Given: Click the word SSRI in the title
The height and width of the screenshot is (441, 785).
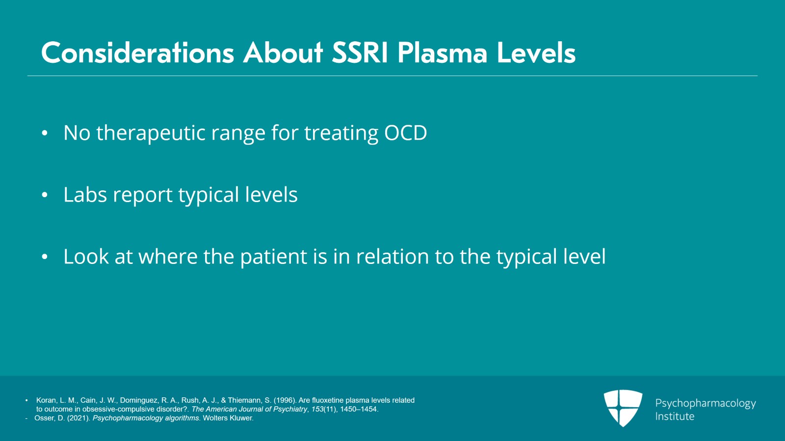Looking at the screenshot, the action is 360,53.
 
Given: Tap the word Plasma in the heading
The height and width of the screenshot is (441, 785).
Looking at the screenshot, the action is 442,53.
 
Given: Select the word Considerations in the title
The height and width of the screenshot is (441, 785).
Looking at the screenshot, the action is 137,53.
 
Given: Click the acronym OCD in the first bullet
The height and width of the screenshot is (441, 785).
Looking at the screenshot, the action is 405,133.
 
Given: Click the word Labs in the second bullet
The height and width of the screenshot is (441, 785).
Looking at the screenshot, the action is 85,194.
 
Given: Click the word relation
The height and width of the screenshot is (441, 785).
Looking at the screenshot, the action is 392,256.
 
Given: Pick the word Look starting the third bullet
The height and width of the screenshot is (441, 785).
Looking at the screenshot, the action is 86,256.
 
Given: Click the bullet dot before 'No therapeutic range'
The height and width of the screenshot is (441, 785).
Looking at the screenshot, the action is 44,133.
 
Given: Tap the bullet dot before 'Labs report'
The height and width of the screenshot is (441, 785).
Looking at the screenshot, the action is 44,195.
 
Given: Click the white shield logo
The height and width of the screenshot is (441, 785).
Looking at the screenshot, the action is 623,408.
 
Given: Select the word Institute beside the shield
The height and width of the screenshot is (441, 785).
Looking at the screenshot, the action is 675,416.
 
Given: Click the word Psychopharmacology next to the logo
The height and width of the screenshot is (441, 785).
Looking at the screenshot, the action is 706,404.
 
